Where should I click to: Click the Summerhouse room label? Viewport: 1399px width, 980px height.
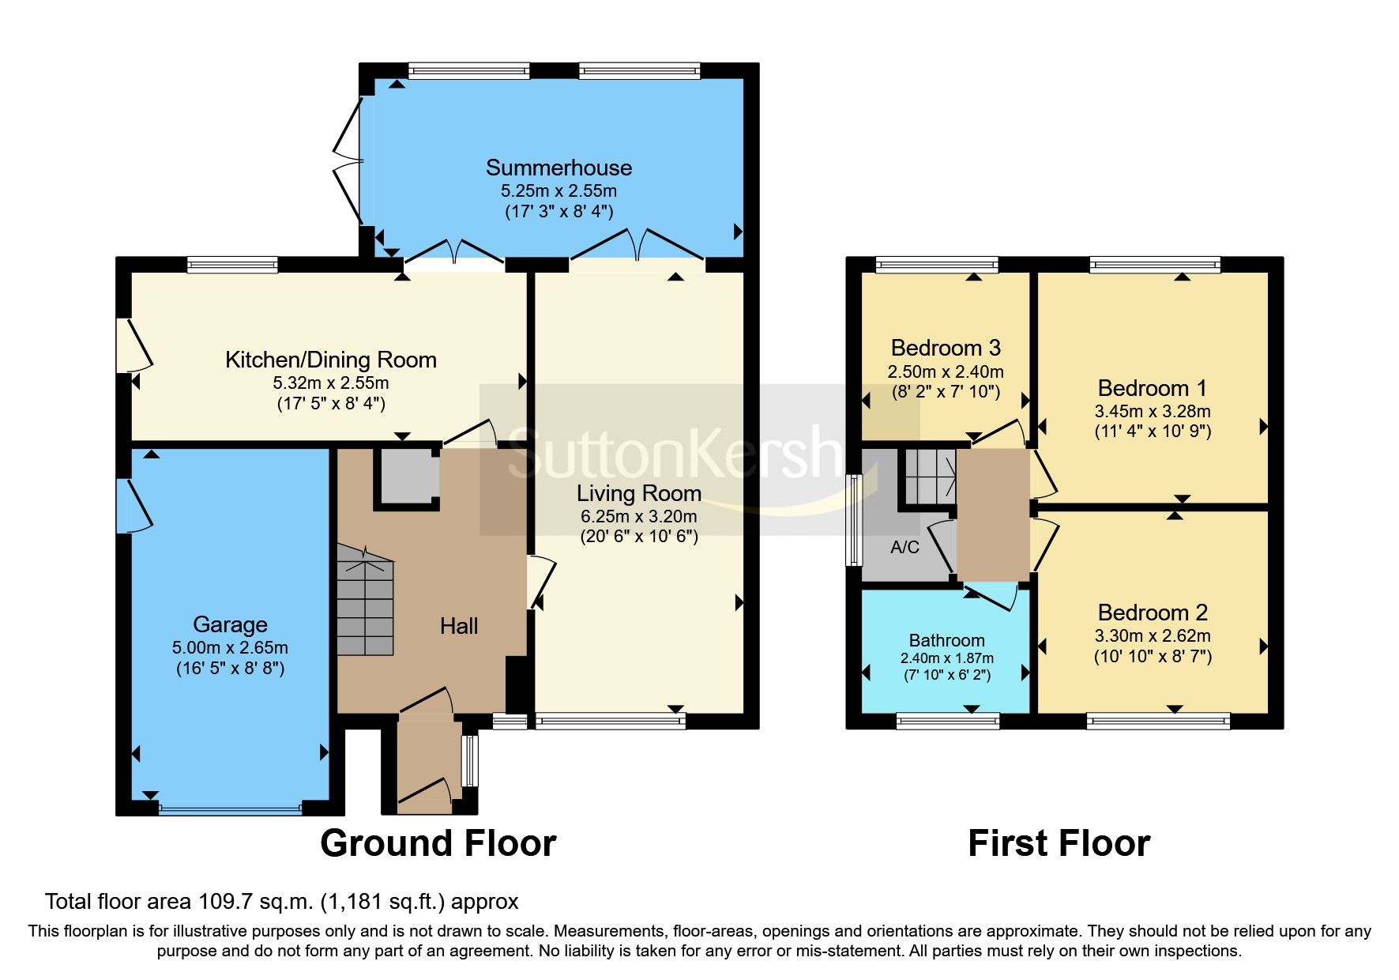(558, 168)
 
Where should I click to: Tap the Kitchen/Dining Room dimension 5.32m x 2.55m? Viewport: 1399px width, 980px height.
(330, 383)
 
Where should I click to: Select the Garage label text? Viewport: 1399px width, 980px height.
(230, 624)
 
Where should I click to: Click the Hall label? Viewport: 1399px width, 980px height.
(459, 627)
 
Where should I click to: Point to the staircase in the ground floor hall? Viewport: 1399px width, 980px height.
(365, 601)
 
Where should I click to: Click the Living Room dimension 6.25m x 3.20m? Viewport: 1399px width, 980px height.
(638, 517)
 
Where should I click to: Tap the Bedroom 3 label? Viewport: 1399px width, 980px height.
(946, 348)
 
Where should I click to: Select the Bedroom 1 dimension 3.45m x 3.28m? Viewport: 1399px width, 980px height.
(1152, 412)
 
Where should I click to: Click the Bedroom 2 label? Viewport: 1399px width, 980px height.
(1153, 612)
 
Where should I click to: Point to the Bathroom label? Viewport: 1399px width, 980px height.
(946, 640)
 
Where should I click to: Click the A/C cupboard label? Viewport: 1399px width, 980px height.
(904, 547)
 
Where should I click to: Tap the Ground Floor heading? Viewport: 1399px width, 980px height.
(438, 843)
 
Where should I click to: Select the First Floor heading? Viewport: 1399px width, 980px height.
(1059, 843)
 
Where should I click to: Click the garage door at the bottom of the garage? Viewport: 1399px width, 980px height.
(230, 808)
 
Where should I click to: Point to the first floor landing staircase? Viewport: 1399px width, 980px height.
(929, 477)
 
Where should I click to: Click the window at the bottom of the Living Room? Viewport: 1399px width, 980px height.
(610, 720)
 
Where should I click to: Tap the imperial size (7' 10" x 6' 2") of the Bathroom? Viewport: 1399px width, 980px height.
(946, 676)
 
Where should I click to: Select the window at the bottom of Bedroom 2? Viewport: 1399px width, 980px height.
(1157, 720)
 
